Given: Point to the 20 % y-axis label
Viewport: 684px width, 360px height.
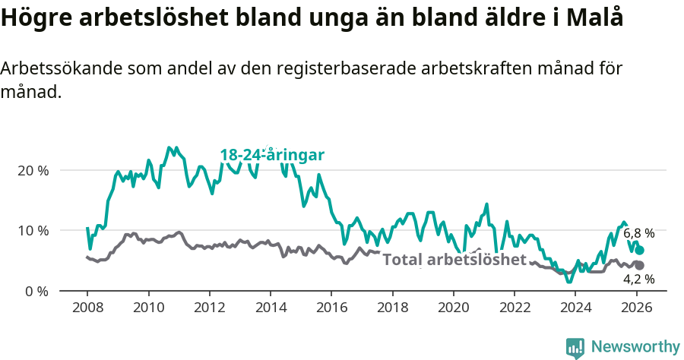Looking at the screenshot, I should tap(33, 170).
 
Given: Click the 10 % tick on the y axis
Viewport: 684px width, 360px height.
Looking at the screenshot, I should tap(33, 230).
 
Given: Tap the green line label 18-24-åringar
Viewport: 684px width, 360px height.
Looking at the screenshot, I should tap(272, 155).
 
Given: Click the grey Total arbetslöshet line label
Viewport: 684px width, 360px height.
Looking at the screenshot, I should tap(454, 260).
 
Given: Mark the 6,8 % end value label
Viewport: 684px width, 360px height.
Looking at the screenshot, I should tap(638, 234).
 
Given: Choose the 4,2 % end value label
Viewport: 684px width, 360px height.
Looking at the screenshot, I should tap(638, 279).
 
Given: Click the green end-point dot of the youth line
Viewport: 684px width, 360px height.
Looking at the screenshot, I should tap(640, 250).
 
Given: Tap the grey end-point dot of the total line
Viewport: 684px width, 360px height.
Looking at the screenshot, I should tap(640, 265).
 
